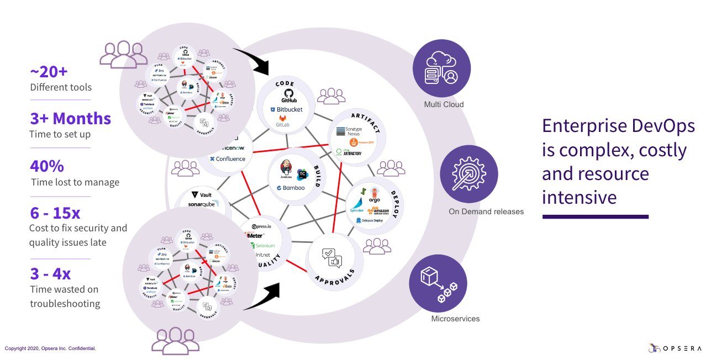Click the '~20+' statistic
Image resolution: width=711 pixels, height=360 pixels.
[x=49, y=71]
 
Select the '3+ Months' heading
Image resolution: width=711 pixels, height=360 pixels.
[x=70, y=118]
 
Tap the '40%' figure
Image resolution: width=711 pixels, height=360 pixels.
[x=47, y=166]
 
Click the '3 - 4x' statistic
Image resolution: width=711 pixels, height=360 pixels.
[x=50, y=273]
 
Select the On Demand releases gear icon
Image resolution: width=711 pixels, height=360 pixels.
[x=469, y=174]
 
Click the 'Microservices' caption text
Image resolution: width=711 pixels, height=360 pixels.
[x=455, y=319]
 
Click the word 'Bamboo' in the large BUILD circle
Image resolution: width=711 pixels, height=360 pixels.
[x=294, y=188]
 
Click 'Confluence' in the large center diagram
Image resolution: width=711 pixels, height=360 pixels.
[x=230, y=159]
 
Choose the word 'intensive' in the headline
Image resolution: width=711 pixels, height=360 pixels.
[x=579, y=197]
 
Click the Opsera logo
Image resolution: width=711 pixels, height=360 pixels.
[x=675, y=348]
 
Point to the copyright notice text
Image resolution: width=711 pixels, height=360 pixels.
[x=50, y=348]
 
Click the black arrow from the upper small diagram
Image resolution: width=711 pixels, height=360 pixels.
[x=251, y=60]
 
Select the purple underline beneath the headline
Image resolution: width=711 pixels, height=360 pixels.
[x=595, y=217]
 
